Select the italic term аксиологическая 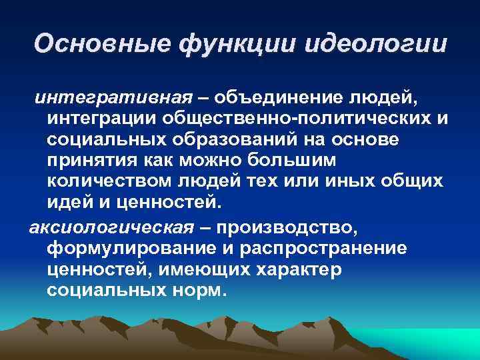point(111,229)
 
